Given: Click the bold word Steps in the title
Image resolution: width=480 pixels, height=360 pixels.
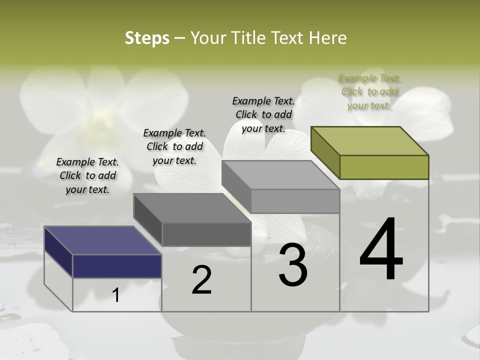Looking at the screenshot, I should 147,38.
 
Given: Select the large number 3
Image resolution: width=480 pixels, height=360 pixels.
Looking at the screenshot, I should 293,265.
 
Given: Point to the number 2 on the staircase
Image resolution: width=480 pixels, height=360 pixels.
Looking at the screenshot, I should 201,280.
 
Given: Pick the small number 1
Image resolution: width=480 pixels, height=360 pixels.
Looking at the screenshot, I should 116,295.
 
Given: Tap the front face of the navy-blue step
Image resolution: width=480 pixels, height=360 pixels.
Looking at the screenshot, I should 117,266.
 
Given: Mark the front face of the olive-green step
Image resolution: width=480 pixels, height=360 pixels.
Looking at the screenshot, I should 384,167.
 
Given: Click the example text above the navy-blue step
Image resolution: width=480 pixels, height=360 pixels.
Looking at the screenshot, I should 87,175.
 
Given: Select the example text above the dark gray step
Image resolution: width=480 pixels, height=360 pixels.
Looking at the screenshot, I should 174,146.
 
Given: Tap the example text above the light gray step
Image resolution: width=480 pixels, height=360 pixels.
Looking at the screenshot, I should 263,114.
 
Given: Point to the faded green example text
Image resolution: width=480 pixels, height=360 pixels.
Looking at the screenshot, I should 369,91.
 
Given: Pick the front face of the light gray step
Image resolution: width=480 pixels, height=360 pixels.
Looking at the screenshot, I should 295,201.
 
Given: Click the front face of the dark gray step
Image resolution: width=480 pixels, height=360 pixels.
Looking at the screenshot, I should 206,234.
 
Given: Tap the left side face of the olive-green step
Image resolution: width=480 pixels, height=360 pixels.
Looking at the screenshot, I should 325,152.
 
